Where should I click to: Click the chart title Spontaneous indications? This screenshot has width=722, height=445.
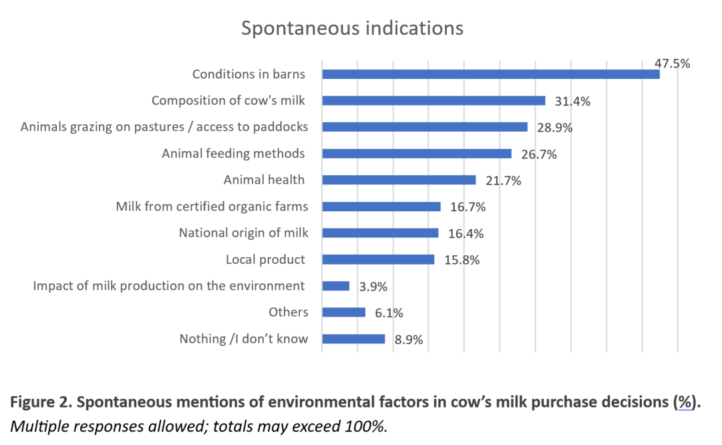(352, 29)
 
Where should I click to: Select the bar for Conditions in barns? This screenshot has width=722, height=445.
(490, 74)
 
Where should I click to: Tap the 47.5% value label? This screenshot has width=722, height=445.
(672, 63)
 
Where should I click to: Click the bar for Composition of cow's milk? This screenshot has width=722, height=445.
(433, 101)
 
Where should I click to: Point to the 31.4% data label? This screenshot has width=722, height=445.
(572, 102)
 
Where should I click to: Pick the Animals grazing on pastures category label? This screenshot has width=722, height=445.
(164, 127)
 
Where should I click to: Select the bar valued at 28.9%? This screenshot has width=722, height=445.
(425, 127)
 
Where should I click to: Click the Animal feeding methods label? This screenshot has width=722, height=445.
(233, 154)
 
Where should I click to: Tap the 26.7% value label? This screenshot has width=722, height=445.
(538, 154)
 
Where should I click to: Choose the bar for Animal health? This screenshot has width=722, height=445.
(399, 180)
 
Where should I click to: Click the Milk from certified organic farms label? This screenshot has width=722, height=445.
(212, 206)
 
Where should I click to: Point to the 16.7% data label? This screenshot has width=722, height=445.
(468, 207)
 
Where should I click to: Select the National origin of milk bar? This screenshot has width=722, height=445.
(380, 233)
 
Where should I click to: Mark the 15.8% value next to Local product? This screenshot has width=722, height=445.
(462, 260)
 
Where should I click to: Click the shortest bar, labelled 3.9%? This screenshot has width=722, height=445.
(335, 286)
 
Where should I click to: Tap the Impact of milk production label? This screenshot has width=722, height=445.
(169, 286)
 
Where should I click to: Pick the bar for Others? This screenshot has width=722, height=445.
(343, 313)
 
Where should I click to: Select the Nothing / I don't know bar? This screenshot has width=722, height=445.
(353, 339)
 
